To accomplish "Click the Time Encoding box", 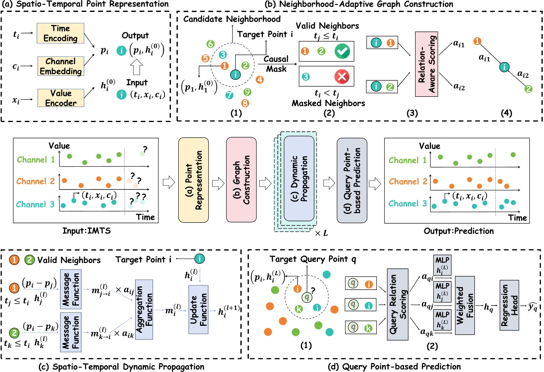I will coord(60,33).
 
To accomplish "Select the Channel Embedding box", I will coord(60,66).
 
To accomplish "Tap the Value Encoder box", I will coord(60,98).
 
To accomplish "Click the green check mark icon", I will coord(342,51).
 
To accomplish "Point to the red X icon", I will coord(342,76).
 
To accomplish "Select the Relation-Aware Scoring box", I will coord(426,64).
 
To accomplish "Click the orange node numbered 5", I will coord(205,58).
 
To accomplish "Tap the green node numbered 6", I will coord(210,44).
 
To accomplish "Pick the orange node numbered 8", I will coord(245,103).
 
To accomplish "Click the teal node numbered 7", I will coord(229,95).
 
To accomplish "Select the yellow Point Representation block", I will coord(193,180).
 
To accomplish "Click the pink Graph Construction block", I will coord(241,180).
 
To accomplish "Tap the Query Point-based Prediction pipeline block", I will coord(352,180).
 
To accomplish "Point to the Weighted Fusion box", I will coord(465,305).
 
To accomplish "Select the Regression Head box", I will coord(509,305).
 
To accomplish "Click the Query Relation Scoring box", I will coord(397,304).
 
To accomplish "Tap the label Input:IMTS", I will coord(86,231).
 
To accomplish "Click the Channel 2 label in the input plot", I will coord(36,181).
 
